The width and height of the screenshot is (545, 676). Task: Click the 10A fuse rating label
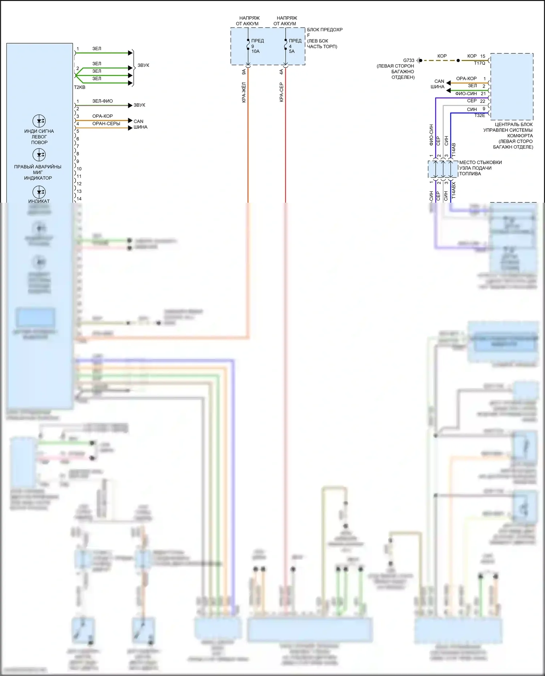tap(255, 51)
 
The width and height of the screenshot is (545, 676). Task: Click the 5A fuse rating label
tap(292, 51)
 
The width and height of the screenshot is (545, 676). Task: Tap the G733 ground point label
tap(408, 60)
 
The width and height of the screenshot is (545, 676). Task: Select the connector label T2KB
tap(80, 87)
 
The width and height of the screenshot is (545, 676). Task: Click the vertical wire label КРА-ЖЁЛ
tap(244, 92)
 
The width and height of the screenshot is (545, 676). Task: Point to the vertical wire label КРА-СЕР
tap(282, 92)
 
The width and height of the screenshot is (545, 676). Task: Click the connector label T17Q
tap(479, 63)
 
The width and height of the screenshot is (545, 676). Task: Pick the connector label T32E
tap(479, 116)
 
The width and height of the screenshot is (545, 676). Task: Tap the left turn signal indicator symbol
tap(39, 121)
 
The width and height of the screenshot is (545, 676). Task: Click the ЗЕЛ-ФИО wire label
tap(102, 101)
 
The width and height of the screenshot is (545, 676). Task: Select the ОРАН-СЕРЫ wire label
tap(106, 124)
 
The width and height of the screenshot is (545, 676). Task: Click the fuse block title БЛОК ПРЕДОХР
tap(324, 29)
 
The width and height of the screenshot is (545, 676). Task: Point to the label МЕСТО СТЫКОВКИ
tap(480, 162)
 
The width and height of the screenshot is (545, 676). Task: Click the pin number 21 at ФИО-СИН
tap(483, 94)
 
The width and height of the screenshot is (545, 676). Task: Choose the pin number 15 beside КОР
tap(483, 56)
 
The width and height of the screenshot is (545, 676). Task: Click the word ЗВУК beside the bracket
tap(143, 65)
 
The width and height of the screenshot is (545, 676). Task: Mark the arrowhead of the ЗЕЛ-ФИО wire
tap(130, 105)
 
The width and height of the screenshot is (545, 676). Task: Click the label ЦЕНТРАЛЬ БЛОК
tap(513, 124)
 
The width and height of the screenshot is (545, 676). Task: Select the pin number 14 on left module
tap(79, 199)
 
